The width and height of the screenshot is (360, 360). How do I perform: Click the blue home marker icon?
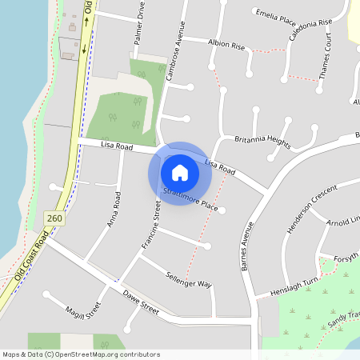point(180,173)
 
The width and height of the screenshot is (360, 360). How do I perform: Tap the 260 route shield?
point(54,218)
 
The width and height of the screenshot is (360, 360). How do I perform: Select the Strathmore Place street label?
point(190,200)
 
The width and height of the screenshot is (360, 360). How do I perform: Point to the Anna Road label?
point(114,209)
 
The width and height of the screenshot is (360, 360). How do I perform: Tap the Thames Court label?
point(325,60)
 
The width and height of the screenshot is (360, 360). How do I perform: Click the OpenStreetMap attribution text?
point(81,354)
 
